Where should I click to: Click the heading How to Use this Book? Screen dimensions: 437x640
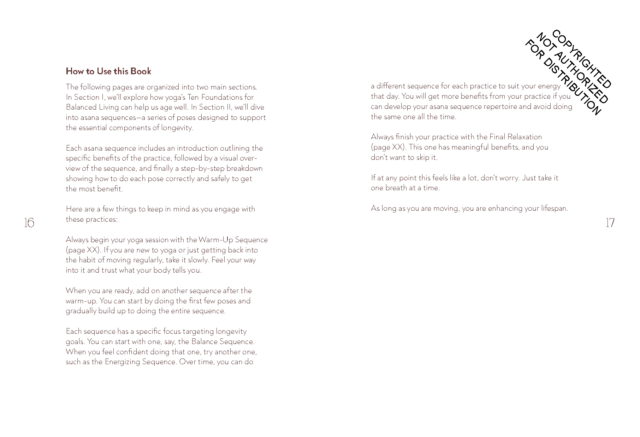(108, 71)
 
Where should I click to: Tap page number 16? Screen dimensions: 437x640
(29, 223)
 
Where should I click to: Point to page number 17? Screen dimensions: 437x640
(610, 223)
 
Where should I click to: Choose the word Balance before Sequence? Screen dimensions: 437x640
(204, 342)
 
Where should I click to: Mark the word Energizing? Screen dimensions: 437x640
(123, 362)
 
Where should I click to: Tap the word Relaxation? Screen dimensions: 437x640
(525, 137)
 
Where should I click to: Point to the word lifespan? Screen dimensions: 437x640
(554, 208)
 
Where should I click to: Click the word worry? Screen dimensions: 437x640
(509, 178)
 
